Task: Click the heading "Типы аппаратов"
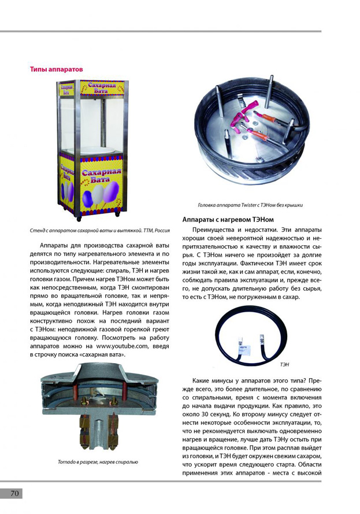coord(56,69)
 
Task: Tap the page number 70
coord(14,493)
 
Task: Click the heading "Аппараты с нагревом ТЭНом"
coord(227,220)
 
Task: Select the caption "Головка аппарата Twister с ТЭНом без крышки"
coord(250,205)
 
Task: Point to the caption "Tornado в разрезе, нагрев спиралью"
coord(98,462)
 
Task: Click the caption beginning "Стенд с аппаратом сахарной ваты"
coord(99,230)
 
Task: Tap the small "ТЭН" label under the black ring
coord(284,365)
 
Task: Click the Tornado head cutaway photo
coord(98,409)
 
